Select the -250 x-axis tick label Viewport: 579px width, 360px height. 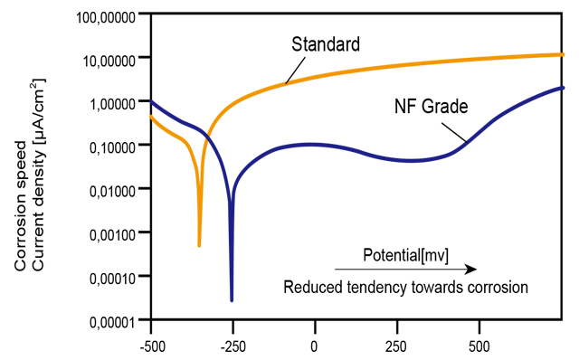233,346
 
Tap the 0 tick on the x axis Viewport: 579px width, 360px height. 315,346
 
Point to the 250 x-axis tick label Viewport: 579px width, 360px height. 396,346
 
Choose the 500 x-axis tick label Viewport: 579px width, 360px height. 479,346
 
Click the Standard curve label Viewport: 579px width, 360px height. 326,43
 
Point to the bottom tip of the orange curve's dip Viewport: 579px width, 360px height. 199,245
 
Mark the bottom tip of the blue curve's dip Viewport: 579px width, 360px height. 232,300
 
